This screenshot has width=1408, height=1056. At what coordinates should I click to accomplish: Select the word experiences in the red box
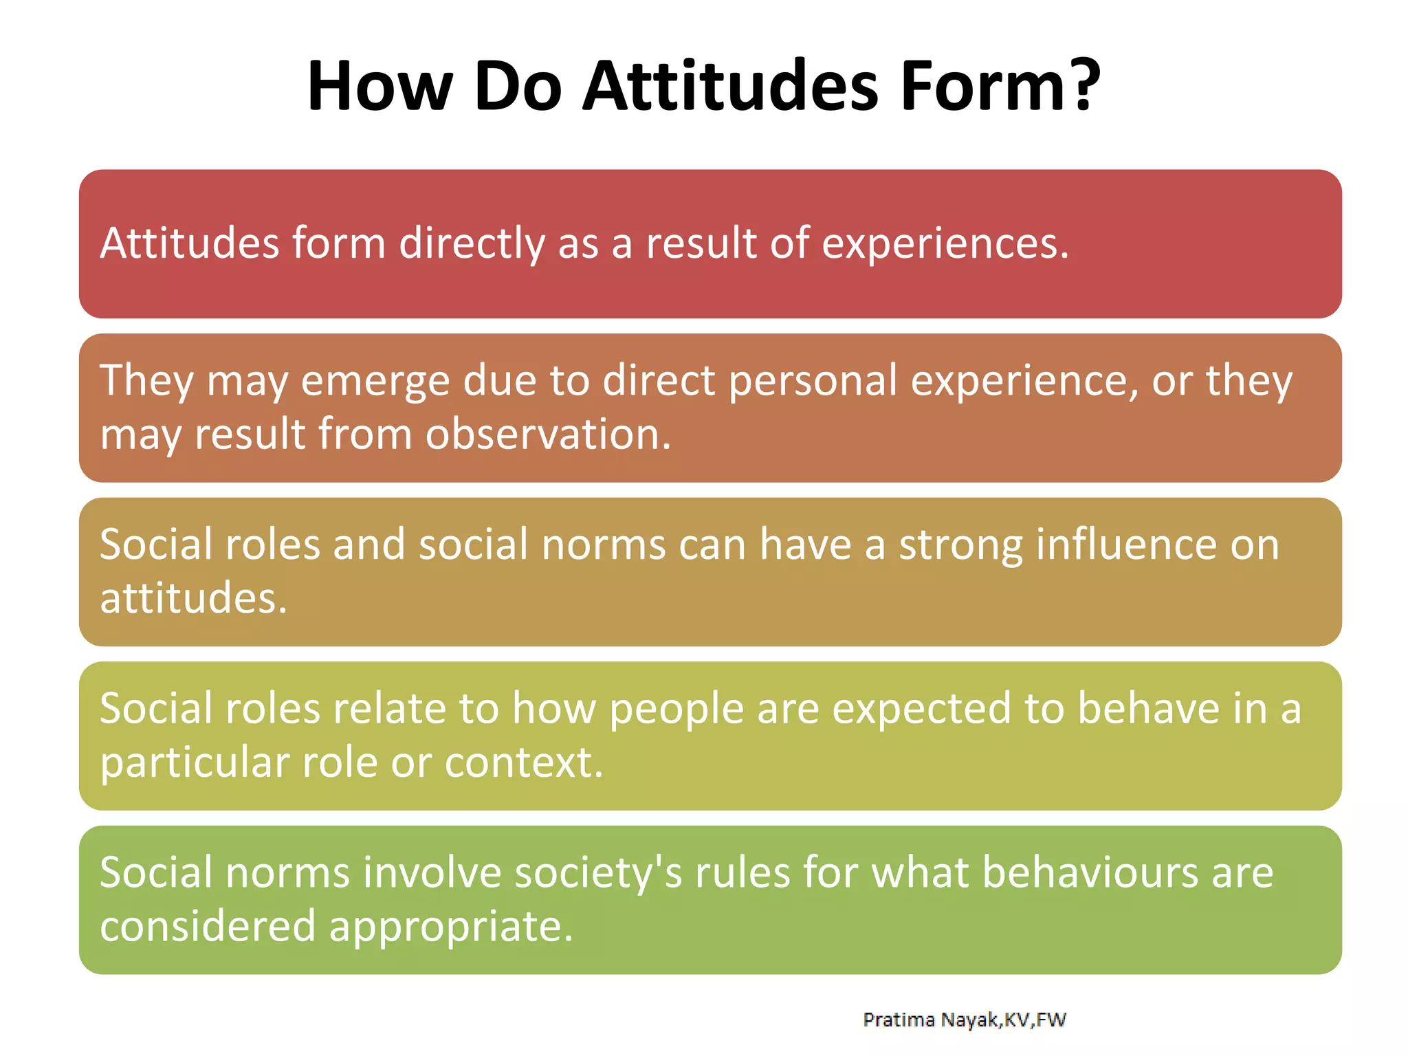tap(945, 244)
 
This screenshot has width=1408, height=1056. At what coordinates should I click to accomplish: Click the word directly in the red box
tap(472, 244)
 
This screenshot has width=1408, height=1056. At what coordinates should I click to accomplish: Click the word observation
tap(547, 434)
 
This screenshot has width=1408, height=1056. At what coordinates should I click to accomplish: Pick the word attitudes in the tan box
tap(192, 597)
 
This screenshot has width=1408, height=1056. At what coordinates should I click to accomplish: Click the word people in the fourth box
tap(676, 709)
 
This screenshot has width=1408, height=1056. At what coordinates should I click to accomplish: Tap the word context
tap(524, 762)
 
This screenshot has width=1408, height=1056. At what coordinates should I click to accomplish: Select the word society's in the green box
tap(598, 873)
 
